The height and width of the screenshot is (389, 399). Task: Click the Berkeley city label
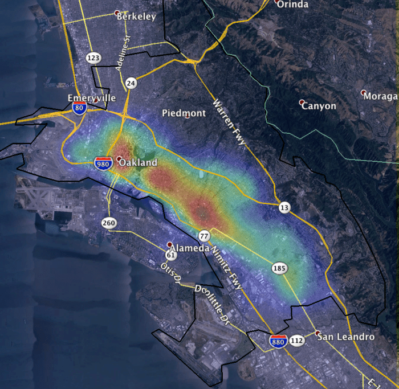pos(136,17)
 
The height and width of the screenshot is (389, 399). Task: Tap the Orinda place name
pos(294,5)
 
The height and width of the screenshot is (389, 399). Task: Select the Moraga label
pos(380,96)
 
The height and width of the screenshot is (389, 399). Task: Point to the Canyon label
pos(319,106)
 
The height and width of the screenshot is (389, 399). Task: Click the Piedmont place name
pos(184,113)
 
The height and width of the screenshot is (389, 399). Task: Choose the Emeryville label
pos(91,98)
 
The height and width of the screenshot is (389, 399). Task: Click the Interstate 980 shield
pos(103,163)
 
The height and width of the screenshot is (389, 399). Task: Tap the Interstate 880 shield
pos(278,341)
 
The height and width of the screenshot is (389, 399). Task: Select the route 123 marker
pos(93,58)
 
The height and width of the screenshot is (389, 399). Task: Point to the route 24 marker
pos(131,83)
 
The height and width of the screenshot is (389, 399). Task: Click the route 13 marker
pos(284,208)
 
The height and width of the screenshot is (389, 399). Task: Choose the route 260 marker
pos(109,223)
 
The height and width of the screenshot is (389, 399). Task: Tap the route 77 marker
pos(204,236)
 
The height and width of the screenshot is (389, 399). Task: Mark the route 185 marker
pos(279,268)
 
